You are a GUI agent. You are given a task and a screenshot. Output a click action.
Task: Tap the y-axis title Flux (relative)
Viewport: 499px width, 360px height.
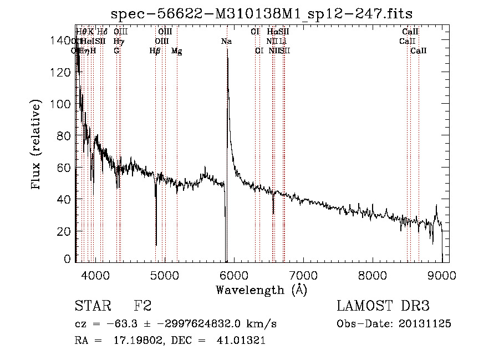click(37, 146)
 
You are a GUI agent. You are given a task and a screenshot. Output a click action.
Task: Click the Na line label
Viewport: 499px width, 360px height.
click(226, 41)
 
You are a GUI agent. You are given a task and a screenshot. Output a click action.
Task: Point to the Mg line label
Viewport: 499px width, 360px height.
click(177, 50)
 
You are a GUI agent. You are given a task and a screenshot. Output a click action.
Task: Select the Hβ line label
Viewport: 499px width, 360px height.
click(155, 50)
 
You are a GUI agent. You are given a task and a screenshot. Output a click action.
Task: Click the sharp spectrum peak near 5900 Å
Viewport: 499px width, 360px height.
click(227, 51)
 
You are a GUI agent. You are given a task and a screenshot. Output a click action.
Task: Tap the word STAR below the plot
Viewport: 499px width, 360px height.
click(92, 306)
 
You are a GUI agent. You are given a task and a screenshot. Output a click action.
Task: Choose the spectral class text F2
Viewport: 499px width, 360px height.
click(142, 306)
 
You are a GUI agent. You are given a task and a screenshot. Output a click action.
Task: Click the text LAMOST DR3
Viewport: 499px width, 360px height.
click(383, 306)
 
